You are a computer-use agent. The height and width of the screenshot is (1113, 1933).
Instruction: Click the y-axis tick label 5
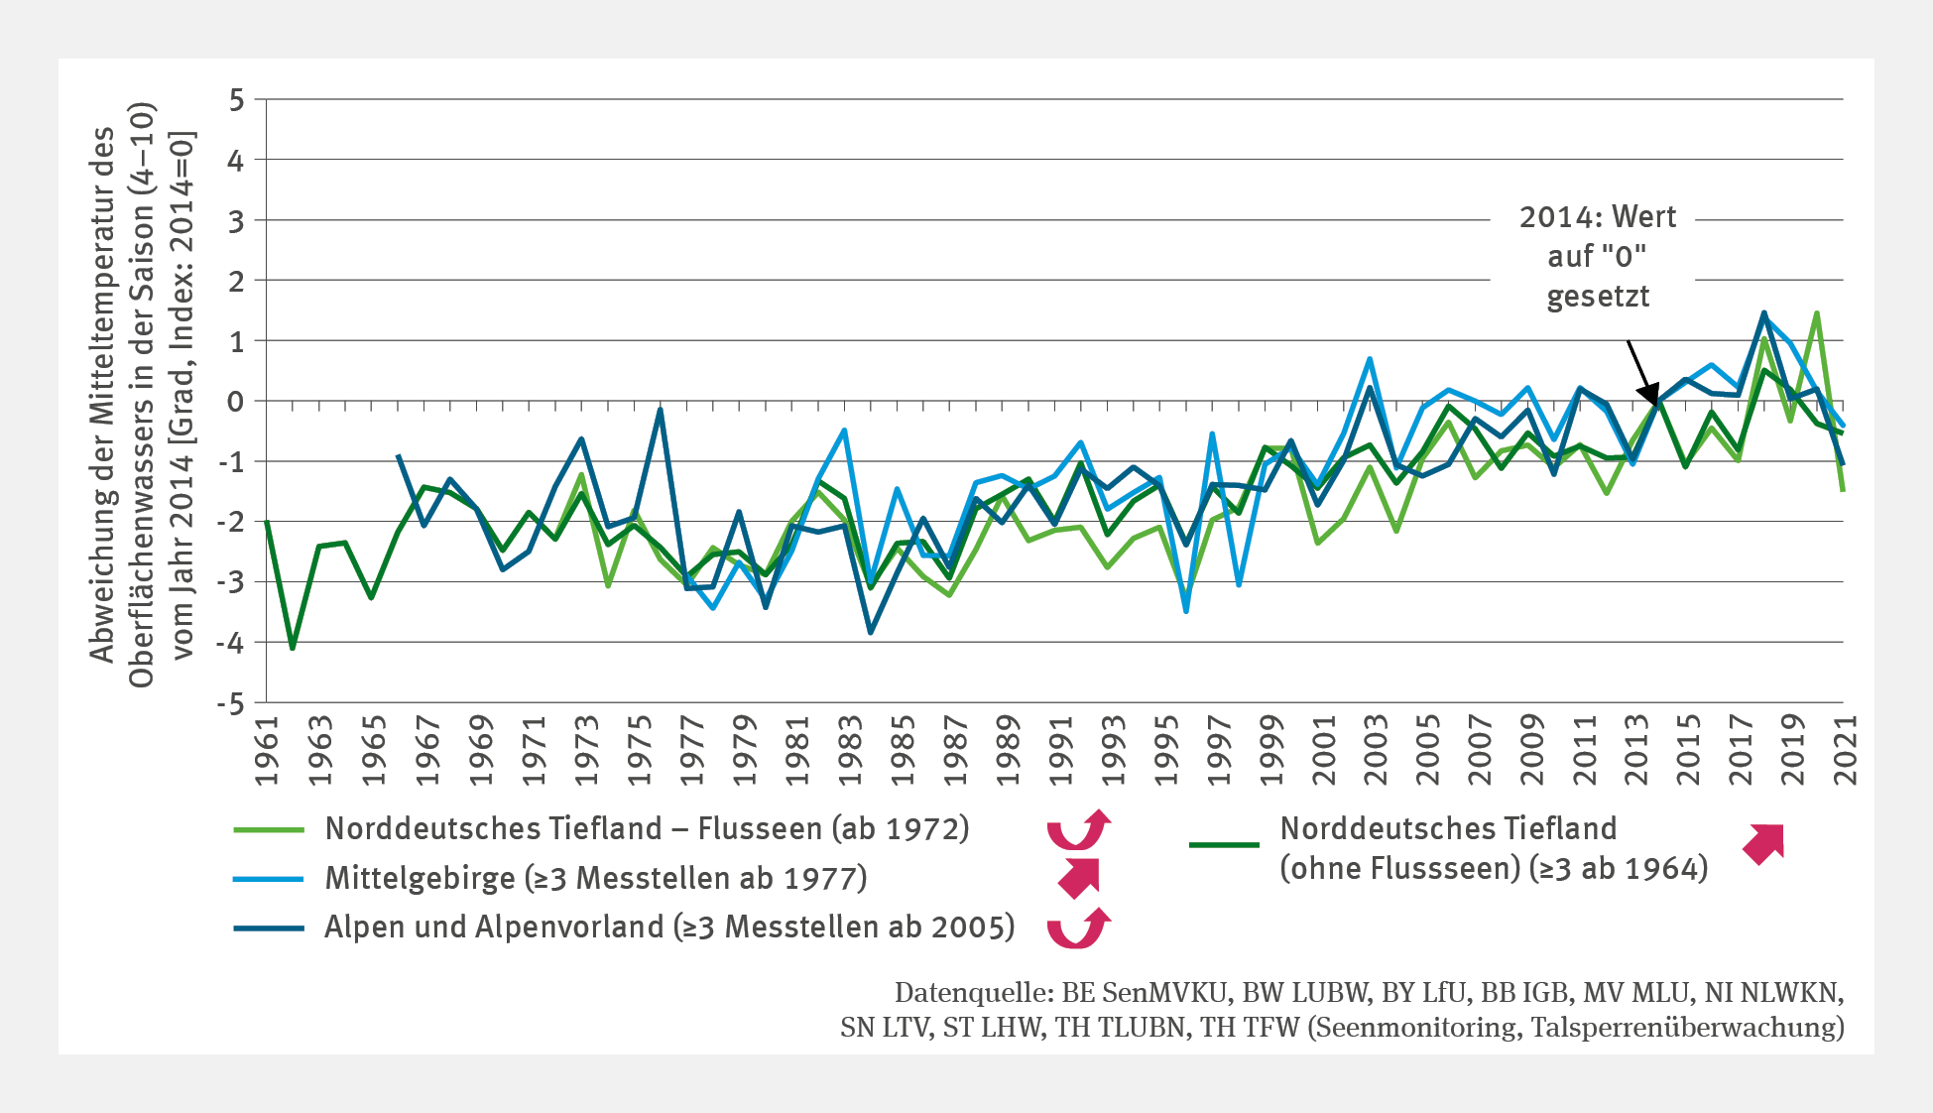click(235, 100)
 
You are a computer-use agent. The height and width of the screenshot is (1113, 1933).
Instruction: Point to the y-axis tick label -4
click(230, 643)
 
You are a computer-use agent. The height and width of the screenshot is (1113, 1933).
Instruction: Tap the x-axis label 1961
click(267, 750)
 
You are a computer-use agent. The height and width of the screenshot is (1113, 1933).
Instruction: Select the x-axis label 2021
click(1845, 750)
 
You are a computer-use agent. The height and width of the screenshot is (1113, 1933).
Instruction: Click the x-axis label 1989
click(1008, 750)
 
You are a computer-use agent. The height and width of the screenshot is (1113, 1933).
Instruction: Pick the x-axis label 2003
click(1376, 750)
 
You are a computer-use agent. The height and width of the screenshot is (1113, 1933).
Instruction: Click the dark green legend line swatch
click(1224, 845)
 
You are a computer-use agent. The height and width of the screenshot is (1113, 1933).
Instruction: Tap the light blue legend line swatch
click(269, 879)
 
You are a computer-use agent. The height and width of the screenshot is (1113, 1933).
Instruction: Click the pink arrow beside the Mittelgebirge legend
click(1079, 878)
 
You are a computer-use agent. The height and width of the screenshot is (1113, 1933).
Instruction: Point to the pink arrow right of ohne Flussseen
click(1764, 843)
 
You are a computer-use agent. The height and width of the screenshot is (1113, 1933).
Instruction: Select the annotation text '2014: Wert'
click(1597, 217)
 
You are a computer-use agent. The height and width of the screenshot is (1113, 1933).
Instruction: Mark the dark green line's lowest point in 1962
click(293, 648)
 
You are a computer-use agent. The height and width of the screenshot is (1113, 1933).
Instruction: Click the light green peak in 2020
click(1817, 313)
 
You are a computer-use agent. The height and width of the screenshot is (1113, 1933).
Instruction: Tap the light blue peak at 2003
click(1370, 359)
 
